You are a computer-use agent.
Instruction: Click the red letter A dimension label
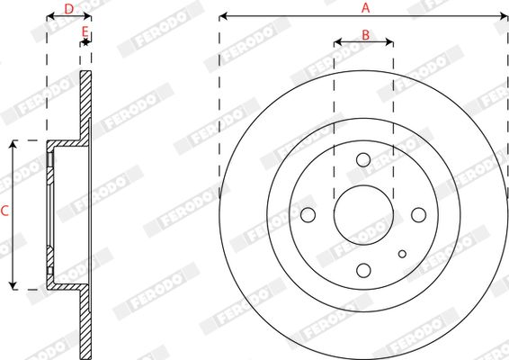(x=365, y=8)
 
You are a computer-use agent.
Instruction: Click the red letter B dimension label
(x=365, y=35)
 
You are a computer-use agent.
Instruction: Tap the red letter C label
(x=4, y=211)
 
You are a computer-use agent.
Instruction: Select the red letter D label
(x=69, y=9)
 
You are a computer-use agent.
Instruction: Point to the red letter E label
(x=85, y=31)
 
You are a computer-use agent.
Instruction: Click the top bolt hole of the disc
(x=363, y=160)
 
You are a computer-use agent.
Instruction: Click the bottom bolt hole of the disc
(x=363, y=270)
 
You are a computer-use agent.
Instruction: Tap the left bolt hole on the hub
(x=308, y=215)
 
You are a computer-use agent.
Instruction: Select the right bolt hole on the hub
(x=418, y=215)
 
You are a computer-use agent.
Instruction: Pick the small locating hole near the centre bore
(x=402, y=254)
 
